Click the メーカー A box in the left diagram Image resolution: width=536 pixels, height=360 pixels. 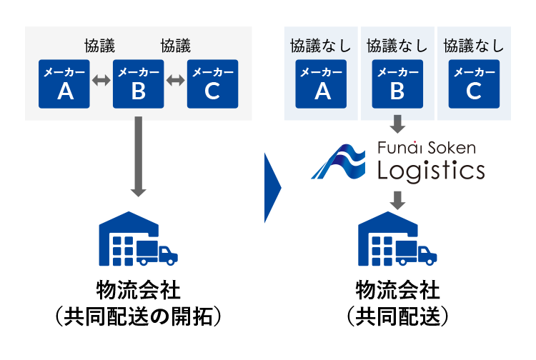tap(64, 84)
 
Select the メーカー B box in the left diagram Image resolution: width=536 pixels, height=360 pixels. tap(139, 84)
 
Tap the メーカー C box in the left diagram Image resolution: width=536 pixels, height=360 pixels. tap(212, 84)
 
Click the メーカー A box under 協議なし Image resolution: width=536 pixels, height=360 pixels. tap(322, 84)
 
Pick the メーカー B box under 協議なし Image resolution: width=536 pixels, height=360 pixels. tap(398, 84)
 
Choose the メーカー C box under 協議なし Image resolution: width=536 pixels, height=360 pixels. tap(474, 84)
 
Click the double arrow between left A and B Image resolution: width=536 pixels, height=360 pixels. tap(101, 81)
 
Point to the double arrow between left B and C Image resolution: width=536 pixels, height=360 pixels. tap(175, 81)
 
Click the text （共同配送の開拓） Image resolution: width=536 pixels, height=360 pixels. tap(139, 316)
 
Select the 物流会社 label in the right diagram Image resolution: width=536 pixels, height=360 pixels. tap(398, 291)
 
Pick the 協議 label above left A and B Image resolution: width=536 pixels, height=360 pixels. tap(101, 46)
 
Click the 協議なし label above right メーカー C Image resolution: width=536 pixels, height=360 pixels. tap(474, 46)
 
